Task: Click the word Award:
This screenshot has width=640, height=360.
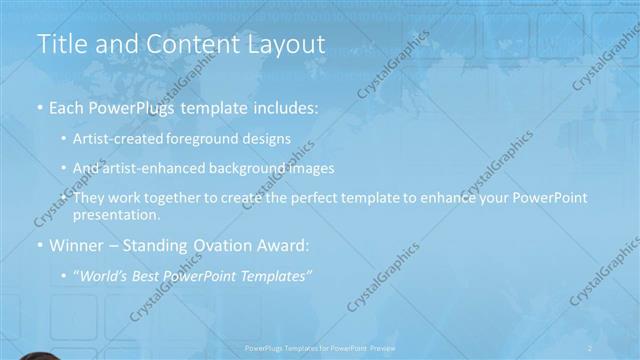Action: [x=288, y=245]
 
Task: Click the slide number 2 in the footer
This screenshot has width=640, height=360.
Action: [x=589, y=347]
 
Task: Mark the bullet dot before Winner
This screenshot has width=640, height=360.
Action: [x=39, y=245]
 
